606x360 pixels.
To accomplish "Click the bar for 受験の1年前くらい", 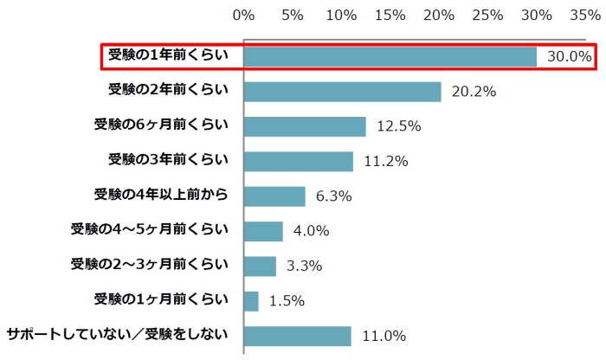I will (390, 56).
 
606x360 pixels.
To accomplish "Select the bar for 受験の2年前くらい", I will (343, 92).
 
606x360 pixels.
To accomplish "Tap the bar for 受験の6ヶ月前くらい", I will (305, 126).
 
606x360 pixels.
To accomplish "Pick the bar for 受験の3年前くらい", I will (299, 161).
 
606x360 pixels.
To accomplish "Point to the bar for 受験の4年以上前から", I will (274, 196).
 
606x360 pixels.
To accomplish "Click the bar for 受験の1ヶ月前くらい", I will (251, 301).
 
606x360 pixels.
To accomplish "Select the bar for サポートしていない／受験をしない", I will (298, 336).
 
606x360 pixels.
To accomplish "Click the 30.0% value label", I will (569, 57).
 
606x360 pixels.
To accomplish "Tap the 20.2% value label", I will (474, 92).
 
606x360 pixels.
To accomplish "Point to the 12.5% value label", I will (399, 127).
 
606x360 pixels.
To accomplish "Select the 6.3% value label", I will (333, 196).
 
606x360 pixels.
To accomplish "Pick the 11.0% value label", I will (384, 336).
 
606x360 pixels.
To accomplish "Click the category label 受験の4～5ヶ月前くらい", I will (150, 229).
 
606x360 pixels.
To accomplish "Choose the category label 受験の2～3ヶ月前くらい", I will (150, 264).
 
